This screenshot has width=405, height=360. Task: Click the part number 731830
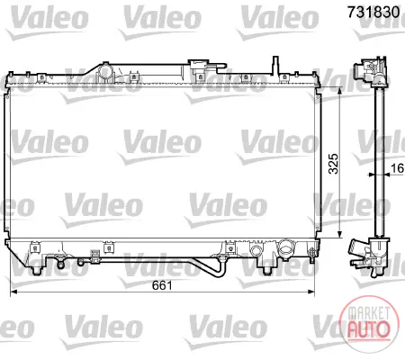(x=373, y=13)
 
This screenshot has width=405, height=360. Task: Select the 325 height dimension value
(x=333, y=164)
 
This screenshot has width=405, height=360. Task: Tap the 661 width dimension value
(x=162, y=285)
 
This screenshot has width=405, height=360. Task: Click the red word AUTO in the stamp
(x=368, y=329)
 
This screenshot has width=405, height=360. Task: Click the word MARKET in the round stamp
(x=368, y=313)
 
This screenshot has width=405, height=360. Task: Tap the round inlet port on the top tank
(x=105, y=72)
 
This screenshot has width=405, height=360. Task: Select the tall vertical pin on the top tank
(x=274, y=66)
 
